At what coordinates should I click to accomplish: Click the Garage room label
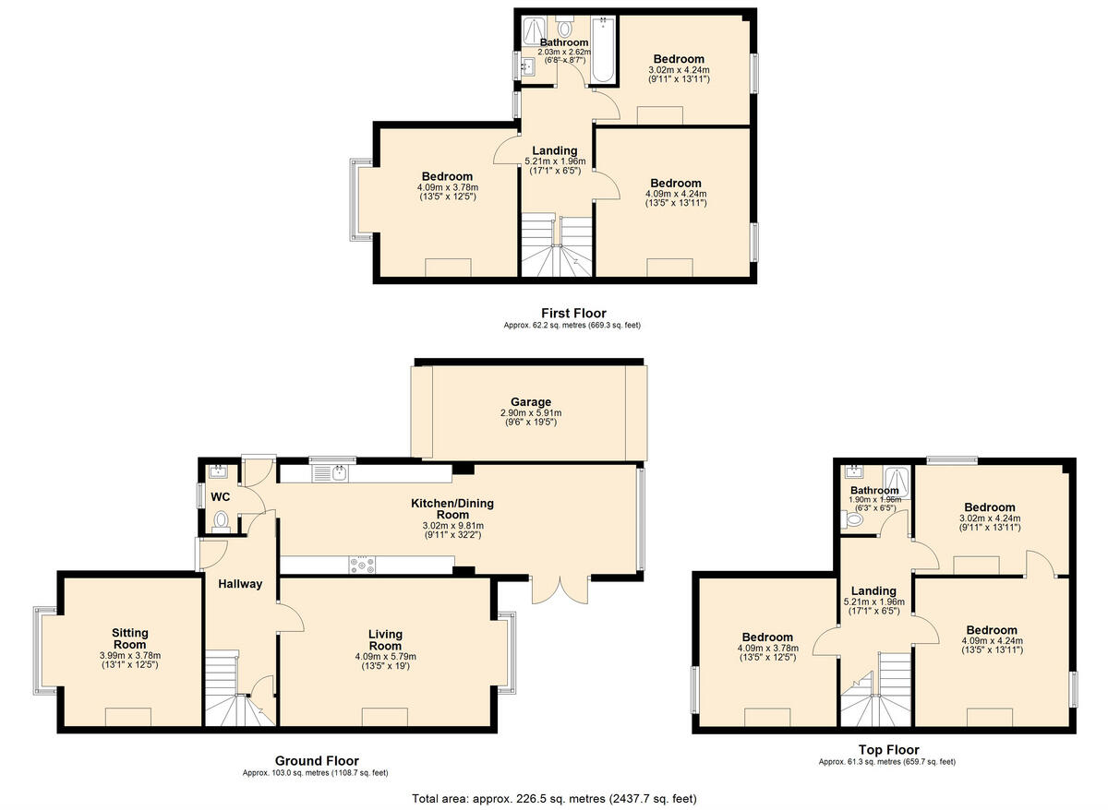(531, 402)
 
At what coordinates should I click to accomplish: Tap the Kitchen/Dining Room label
(452, 508)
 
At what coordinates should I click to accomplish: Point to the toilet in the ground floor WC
(220, 523)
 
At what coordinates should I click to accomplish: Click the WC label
(221, 496)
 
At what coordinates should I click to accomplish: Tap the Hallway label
(241, 583)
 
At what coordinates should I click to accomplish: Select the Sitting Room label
(130, 638)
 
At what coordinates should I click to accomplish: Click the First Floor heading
(573, 314)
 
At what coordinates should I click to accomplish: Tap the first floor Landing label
(555, 150)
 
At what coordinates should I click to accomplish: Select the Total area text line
(554, 798)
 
